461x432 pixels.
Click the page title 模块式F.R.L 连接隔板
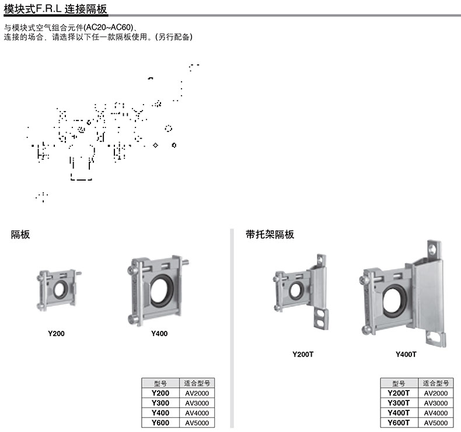(55, 9)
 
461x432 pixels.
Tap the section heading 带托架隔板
(270, 234)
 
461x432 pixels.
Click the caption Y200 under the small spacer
(56, 333)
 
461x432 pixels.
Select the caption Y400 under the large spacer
(159, 333)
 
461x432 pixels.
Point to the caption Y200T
(303, 354)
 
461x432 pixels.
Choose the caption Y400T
(406, 354)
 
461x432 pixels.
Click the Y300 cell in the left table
(160, 403)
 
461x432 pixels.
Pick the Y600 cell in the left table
(160, 423)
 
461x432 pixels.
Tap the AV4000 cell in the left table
(197, 413)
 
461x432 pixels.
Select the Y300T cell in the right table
(399, 403)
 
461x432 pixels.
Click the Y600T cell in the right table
(399, 423)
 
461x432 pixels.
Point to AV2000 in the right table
(436, 393)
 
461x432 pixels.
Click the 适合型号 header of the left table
(197, 383)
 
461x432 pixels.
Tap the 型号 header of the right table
(399, 383)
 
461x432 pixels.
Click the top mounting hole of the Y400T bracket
(433, 248)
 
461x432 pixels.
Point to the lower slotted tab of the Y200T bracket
(322, 319)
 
